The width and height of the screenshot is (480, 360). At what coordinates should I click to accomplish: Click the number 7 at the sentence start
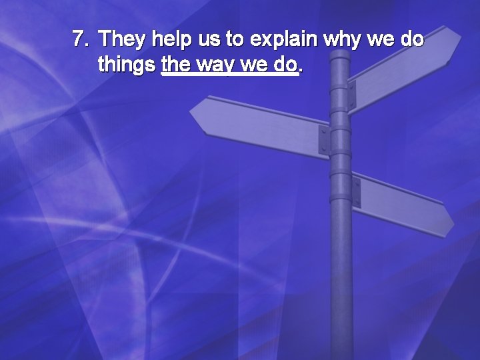(x=79, y=39)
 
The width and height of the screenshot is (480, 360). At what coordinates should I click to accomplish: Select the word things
(x=127, y=65)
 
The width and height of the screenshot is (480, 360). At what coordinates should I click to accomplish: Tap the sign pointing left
(x=260, y=123)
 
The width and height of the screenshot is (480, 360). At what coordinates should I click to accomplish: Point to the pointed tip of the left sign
(x=192, y=112)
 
